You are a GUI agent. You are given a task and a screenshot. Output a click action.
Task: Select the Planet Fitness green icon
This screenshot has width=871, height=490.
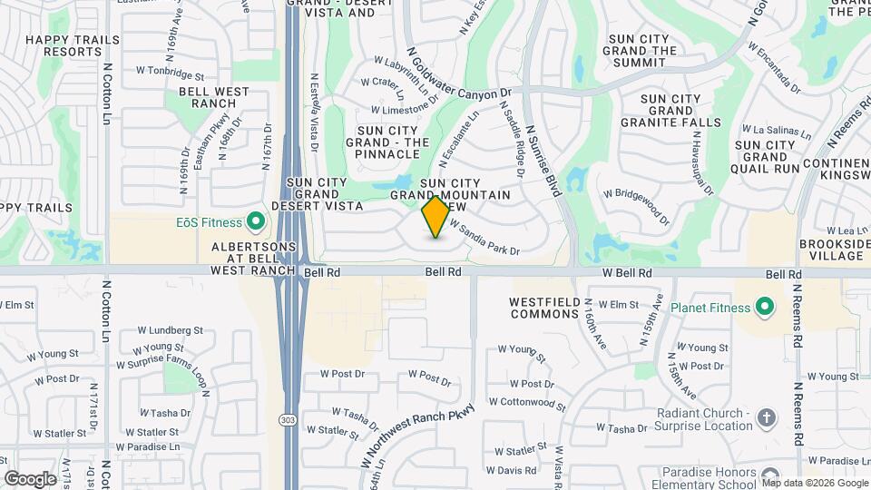coord(764,307)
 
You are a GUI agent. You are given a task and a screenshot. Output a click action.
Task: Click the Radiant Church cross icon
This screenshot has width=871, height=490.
coord(768,418)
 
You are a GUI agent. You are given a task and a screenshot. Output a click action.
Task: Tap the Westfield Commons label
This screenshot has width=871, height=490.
coord(544,308)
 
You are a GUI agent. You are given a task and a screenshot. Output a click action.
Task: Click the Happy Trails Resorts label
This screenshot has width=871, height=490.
coord(64,45)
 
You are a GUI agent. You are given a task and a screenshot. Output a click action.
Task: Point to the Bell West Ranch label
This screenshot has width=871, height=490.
coord(214,98)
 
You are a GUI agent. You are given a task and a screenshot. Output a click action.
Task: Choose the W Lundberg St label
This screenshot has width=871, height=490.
coord(170,331)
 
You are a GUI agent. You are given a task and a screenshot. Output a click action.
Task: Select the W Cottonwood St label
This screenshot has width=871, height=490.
coord(526,401)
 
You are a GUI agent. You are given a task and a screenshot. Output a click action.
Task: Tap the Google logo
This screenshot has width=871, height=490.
coord(30,478)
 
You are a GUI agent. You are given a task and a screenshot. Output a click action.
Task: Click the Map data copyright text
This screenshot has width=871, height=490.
coord(821,483)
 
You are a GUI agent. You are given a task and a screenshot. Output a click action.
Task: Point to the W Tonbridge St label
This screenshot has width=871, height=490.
coord(170,71)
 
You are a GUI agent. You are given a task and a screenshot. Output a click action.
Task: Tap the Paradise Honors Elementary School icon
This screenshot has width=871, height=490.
coord(770,475)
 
